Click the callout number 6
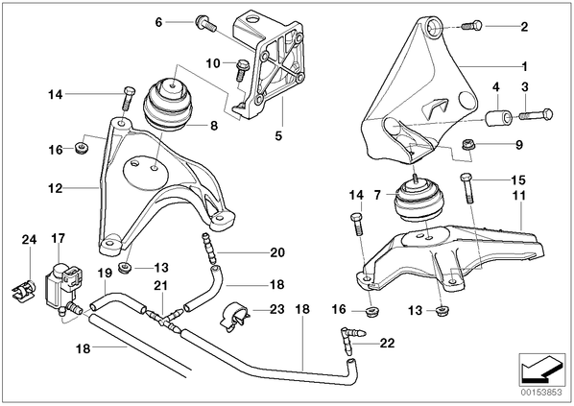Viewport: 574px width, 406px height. coord(158,22)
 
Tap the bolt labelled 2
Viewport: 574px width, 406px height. coord(472,26)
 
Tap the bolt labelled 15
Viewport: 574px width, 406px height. coord(467,188)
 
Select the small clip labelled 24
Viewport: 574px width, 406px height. coord(22,289)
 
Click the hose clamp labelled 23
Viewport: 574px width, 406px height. coord(234,316)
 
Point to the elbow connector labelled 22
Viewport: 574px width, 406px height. coord(352,339)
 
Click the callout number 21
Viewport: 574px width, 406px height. coord(160,286)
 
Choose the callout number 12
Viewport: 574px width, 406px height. coord(55,188)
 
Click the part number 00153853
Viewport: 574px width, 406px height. coord(541,393)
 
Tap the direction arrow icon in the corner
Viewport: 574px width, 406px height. coord(541,370)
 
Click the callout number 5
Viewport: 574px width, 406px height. coord(278,136)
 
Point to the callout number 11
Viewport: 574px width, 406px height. coord(519,196)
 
